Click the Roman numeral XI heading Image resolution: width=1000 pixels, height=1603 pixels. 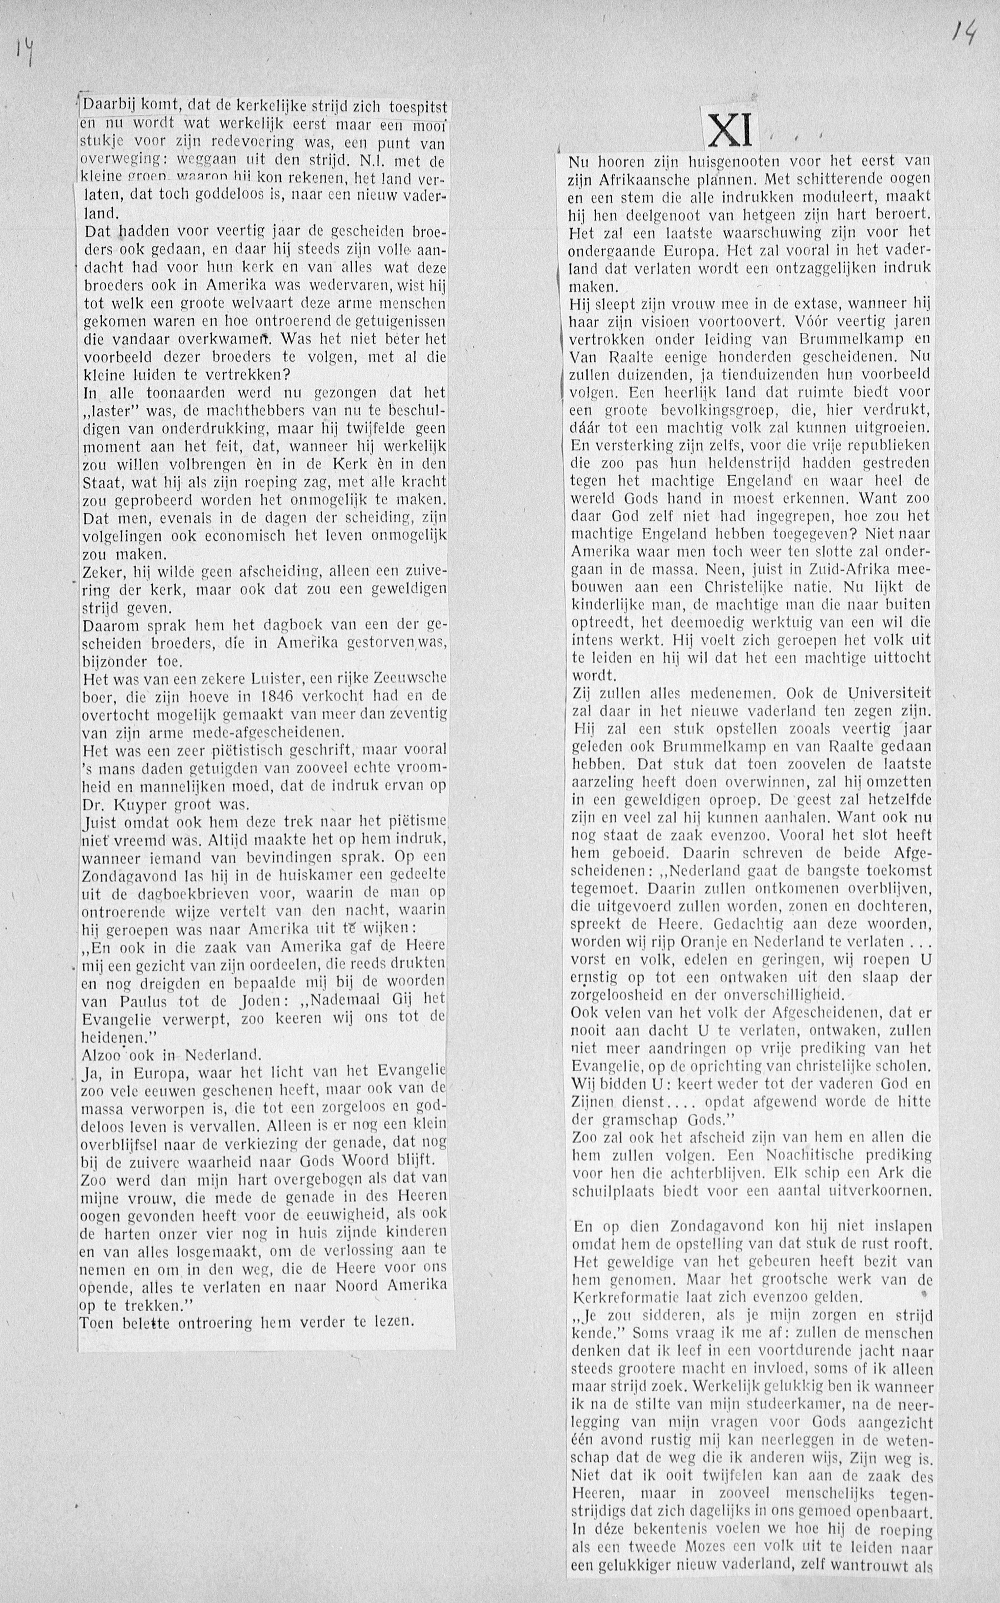tap(730, 130)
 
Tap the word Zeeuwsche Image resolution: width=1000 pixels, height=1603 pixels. tap(409, 679)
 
